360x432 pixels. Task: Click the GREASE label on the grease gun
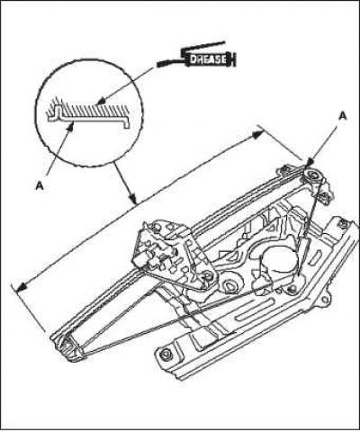(208, 58)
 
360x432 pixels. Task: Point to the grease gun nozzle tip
(158, 65)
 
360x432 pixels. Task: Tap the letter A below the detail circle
(40, 186)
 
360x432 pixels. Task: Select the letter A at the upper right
(343, 116)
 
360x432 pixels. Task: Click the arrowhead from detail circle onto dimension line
(133, 198)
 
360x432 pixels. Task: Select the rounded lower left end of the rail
(67, 345)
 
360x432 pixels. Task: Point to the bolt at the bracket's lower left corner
(165, 354)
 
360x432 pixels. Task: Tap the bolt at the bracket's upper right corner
(342, 223)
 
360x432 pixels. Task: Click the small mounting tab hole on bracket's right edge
(324, 300)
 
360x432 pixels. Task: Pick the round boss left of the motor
(231, 285)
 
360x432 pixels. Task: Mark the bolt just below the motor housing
(291, 289)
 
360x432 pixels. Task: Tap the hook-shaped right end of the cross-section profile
(126, 122)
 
